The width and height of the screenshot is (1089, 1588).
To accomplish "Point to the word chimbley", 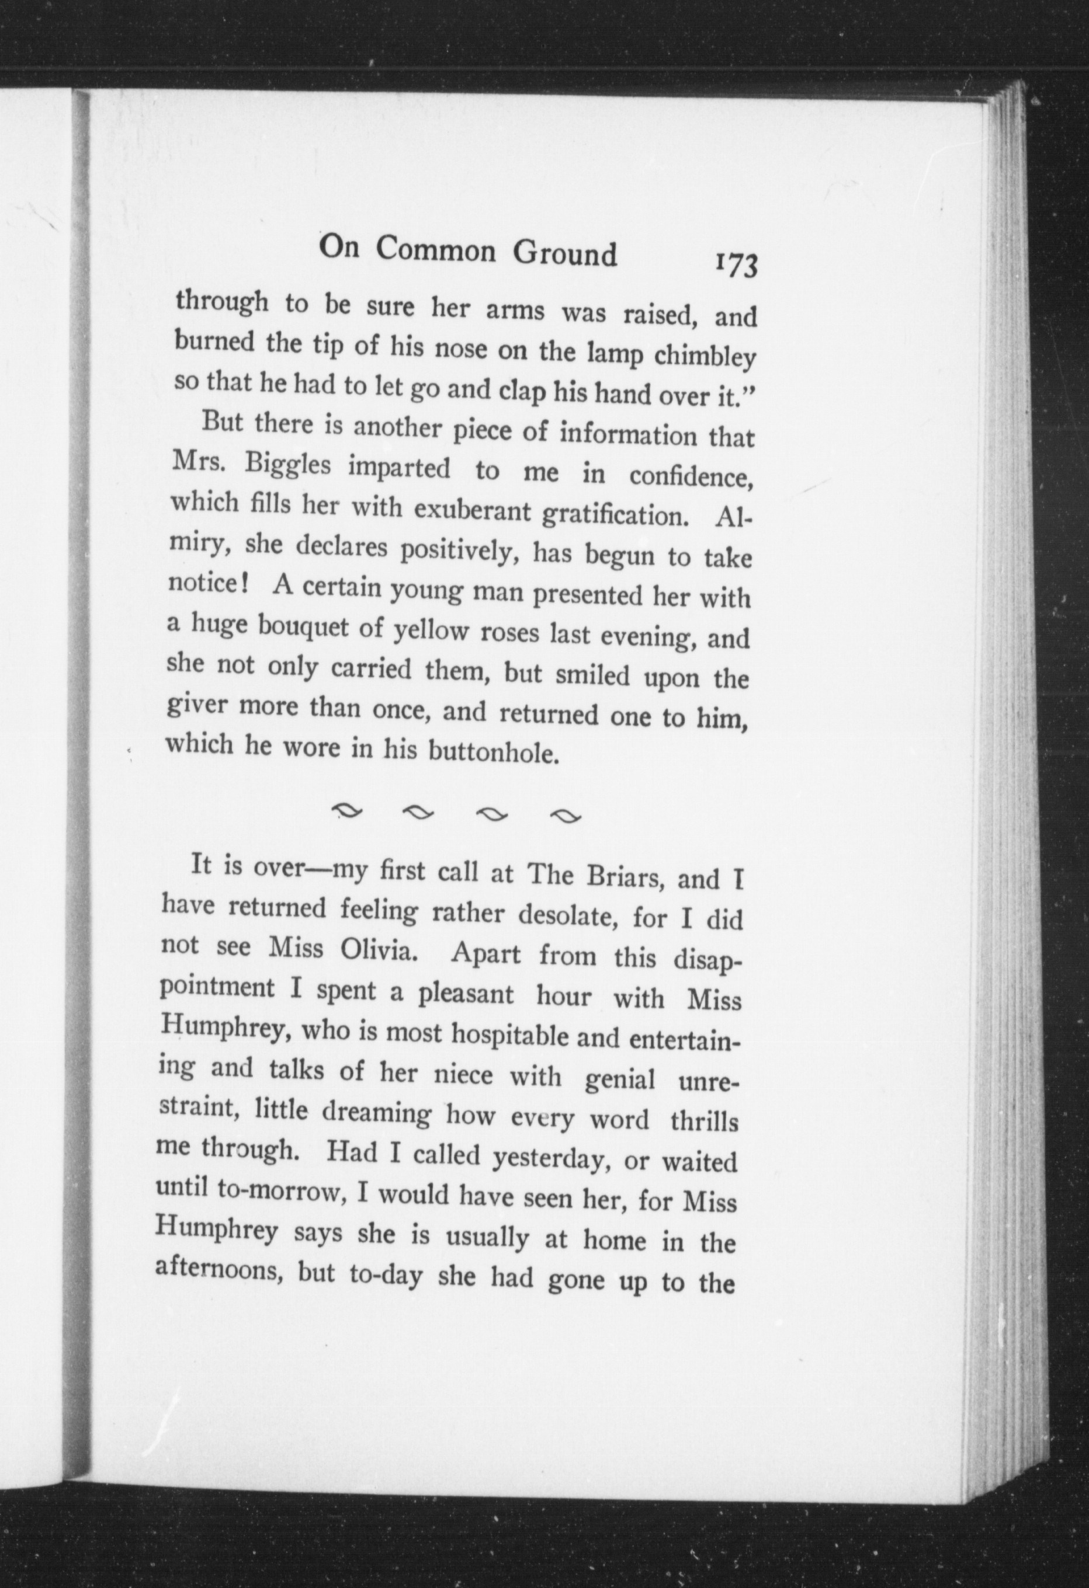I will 704,357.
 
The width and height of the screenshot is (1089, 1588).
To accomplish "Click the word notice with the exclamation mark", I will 211,584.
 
